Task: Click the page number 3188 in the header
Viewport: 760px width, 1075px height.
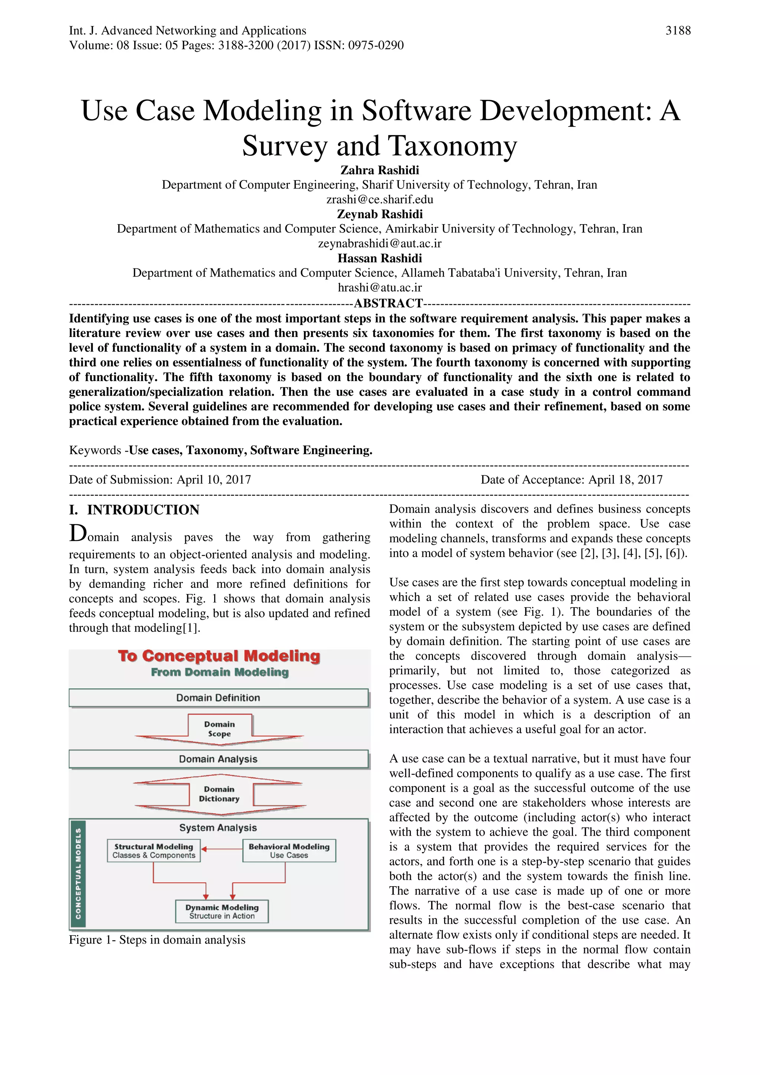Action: [678, 31]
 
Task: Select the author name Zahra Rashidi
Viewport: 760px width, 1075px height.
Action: [379, 170]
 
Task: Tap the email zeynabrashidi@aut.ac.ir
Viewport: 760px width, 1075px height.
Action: [379, 243]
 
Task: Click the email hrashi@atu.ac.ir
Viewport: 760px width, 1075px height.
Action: [379, 288]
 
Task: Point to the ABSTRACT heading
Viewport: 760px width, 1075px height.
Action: [388, 304]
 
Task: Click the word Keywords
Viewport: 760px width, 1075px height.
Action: [95, 450]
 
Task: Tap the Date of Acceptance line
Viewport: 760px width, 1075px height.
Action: [571, 480]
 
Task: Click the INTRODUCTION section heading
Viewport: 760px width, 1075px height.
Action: [143, 510]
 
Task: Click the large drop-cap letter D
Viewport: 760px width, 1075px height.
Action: [78, 533]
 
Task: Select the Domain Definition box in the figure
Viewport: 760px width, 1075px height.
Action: [218, 698]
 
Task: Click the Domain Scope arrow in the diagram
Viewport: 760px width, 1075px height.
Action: [219, 730]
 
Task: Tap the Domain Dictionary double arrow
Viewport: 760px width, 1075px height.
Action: [219, 794]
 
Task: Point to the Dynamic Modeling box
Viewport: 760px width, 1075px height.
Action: [222, 911]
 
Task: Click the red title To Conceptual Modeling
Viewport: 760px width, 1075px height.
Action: [219, 656]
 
